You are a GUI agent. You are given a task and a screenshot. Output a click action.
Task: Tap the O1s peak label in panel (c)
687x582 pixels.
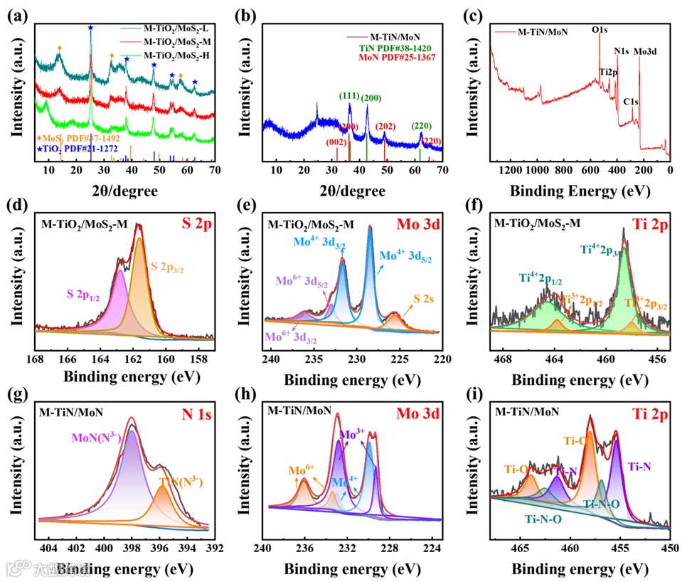pos(600,31)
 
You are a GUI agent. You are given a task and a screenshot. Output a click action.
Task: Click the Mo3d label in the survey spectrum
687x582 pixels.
pos(645,51)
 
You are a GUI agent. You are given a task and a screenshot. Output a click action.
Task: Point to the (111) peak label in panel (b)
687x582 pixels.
pos(349,97)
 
